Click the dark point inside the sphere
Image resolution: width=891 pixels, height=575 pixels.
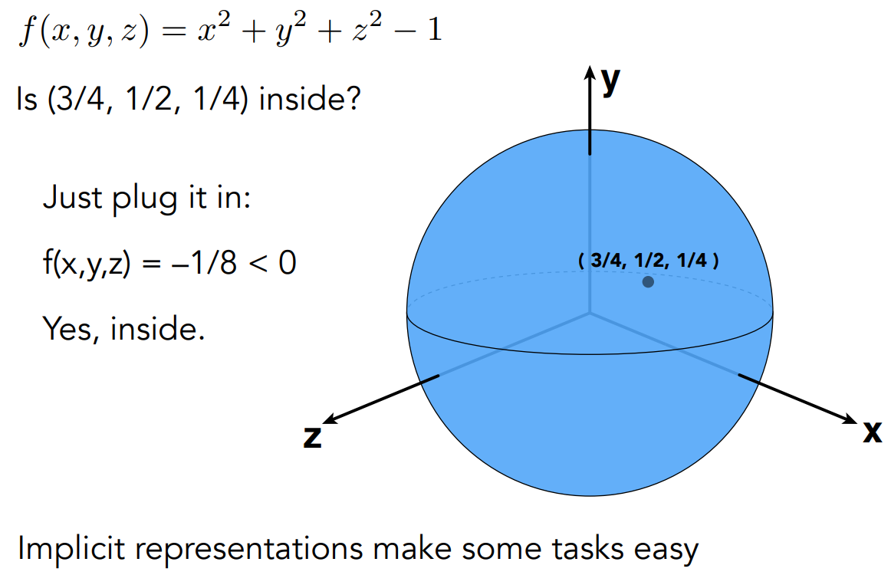pos(648,282)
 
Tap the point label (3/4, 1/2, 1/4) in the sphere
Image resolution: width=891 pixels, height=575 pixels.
pos(649,261)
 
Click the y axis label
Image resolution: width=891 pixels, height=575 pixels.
pos(610,81)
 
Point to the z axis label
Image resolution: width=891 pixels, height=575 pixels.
pos(312,436)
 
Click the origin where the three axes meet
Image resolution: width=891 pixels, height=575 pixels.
pos(590,313)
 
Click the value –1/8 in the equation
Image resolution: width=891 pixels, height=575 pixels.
pos(209,265)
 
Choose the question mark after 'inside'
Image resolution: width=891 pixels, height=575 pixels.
pos(350,100)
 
